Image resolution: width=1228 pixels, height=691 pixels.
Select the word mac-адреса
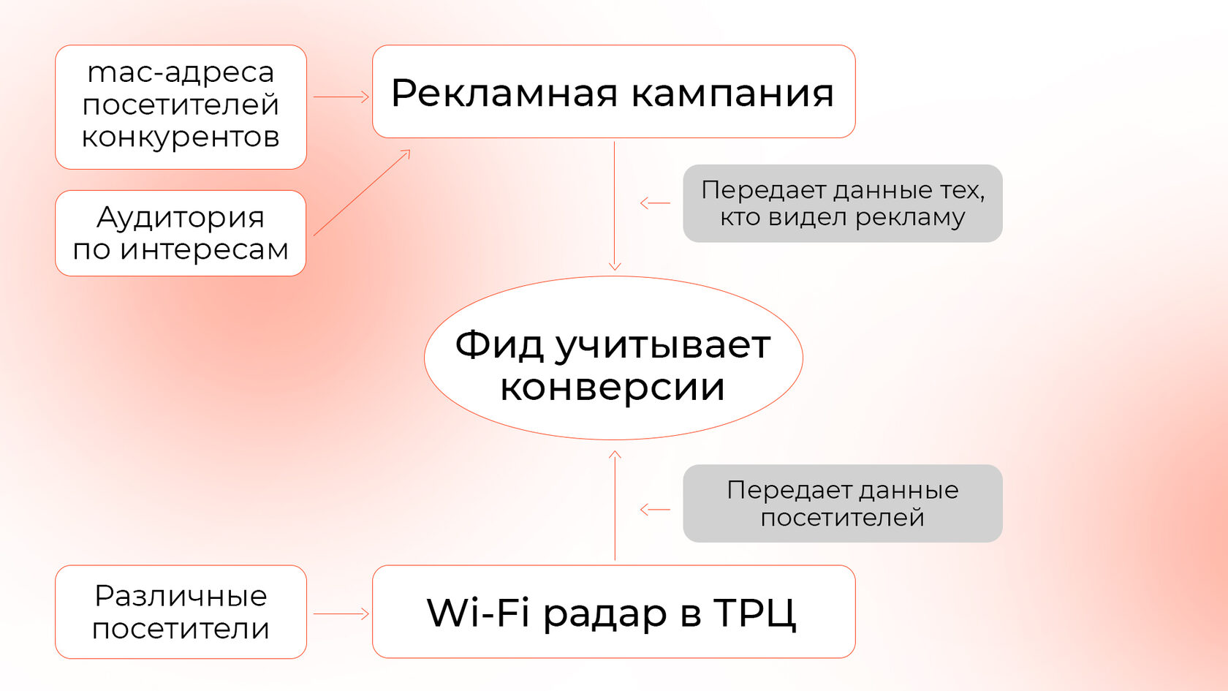pyautogui.click(x=181, y=72)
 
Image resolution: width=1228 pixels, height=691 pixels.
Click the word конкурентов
pyautogui.click(x=181, y=137)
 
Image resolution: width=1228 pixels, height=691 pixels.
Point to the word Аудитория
pyautogui.click(x=181, y=217)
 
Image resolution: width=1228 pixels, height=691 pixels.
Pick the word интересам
pyautogui.click(x=204, y=249)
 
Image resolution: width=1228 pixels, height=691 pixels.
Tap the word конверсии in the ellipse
pyautogui.click(x=613, y=387)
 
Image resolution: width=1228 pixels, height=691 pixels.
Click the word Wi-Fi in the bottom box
pyautogui.click(x=478, y=612)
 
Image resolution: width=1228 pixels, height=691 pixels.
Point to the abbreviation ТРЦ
pyautogui.click(x=755, y=612)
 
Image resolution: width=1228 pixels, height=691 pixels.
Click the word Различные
pyautogui.click(x=181, y=596)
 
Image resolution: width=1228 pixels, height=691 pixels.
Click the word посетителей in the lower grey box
pyautogui.click(x=842, y=518)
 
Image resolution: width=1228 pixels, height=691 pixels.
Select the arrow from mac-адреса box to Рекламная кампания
pyautogui.click(x=341, y=97)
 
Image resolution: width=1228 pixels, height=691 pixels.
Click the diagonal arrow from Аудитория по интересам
pyautogui.click(x=362, y=193)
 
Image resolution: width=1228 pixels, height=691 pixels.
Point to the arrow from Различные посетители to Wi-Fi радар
pyautogui.click(x=341, y=613)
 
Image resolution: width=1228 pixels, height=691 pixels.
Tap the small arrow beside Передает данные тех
pyautogui.click(x=654, y=203)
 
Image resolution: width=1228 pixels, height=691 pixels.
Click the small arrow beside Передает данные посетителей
pyautogui.click(x=654, y=510)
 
